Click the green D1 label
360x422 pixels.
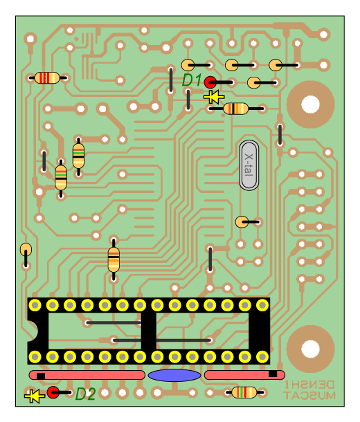coord(192,80)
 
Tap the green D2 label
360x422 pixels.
coord(85,394)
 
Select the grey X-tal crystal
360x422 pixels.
coord(249,165)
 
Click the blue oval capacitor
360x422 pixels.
coord(174,375)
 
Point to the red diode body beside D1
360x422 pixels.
coord(210,82)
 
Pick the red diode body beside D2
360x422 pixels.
coord(53,392)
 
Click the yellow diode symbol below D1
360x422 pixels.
coord(214,97)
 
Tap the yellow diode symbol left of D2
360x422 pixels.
coord(35,396)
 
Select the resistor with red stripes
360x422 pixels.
coord(47,77)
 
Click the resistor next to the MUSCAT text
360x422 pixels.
coord(244,392)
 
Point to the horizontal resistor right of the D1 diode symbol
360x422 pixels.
coord(236,109)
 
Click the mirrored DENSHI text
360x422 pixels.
coord(309,385)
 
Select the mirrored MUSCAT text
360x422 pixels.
coord(309,395)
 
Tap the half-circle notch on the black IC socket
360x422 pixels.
coord(33,331)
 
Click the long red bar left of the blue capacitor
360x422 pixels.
coord(87,375)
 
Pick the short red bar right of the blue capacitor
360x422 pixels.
coord(244,375)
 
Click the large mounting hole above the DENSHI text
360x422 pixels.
coord(310,349)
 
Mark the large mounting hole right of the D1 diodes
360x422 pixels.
coord(310,104)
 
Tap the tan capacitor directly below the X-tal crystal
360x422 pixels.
coord(242,222)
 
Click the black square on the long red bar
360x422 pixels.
coord(41,376)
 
